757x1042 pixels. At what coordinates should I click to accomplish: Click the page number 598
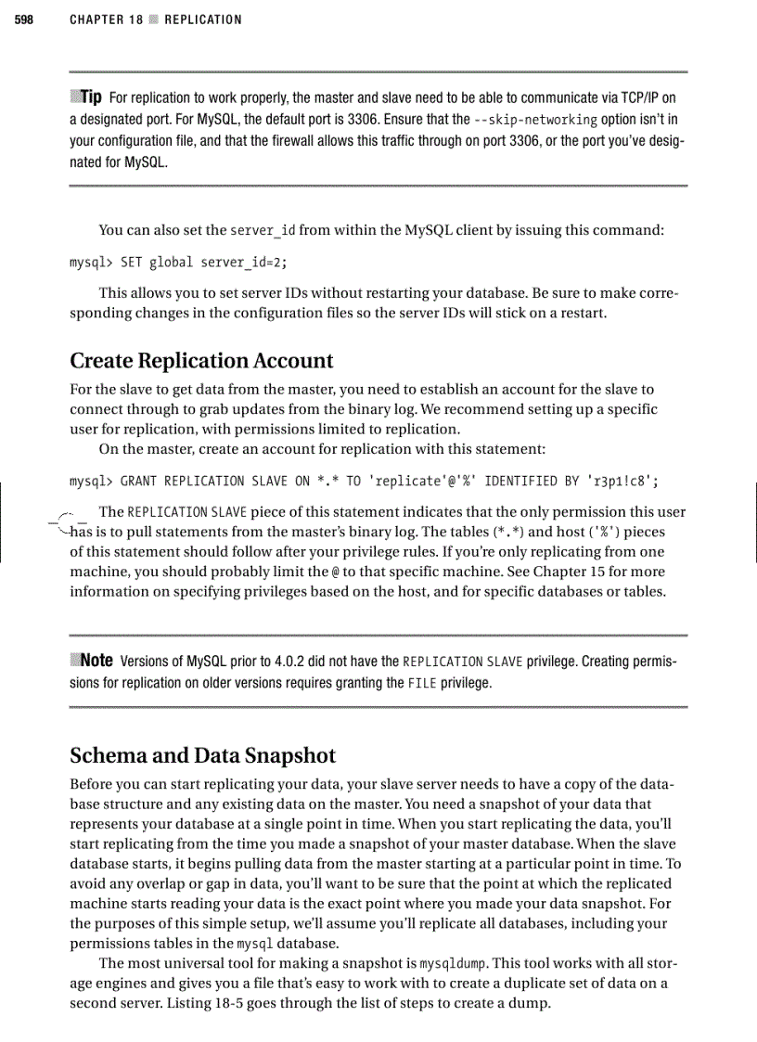click(23, 19)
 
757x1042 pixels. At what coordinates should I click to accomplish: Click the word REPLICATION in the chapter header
click(202, 19)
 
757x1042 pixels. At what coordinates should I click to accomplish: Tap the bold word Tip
click(90, 97)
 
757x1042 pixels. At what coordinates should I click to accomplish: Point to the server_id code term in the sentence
click(265, 230)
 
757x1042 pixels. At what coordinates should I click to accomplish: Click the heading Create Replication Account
click(201, 360)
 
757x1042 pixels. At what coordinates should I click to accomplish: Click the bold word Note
click(96, 661)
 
